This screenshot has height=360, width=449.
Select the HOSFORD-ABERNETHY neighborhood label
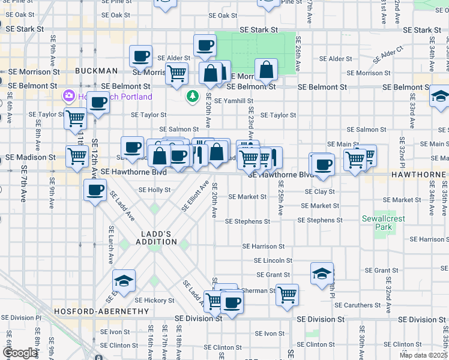(x=101, y=311)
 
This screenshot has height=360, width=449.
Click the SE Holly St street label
(x=155, y=189)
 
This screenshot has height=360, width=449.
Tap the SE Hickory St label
(x=154, y=300)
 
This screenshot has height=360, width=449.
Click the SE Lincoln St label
(x=273, y=260)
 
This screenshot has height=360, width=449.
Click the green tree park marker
(x=192, y=96)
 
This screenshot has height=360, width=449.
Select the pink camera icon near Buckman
(x=69, y=96)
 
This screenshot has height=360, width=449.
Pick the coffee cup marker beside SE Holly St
(x=95, y=191)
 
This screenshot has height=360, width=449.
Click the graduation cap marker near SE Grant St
(x=322, y=274)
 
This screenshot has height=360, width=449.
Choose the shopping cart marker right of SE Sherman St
(x=288, y=295)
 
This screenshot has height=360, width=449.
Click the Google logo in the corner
(x=20, y=353)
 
